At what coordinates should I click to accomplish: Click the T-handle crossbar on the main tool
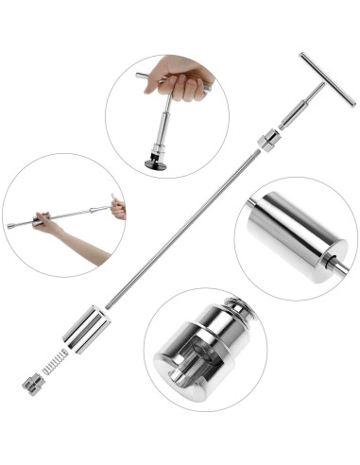click(327, 78)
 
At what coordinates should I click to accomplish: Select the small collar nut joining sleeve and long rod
click(268, 142)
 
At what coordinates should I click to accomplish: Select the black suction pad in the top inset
click(156, 163)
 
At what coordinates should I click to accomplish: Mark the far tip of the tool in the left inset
click(10, 227)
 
